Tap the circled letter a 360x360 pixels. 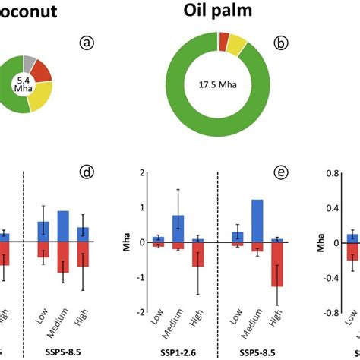point(88,43)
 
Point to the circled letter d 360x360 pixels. point(87,172)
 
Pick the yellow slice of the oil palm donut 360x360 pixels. point(237,46)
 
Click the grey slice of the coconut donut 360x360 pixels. point(29,65)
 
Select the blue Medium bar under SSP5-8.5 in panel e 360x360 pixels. point(257,221)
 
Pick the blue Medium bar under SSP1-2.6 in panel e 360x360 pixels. point(178,229)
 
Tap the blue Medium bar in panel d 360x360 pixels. point(63,226)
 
